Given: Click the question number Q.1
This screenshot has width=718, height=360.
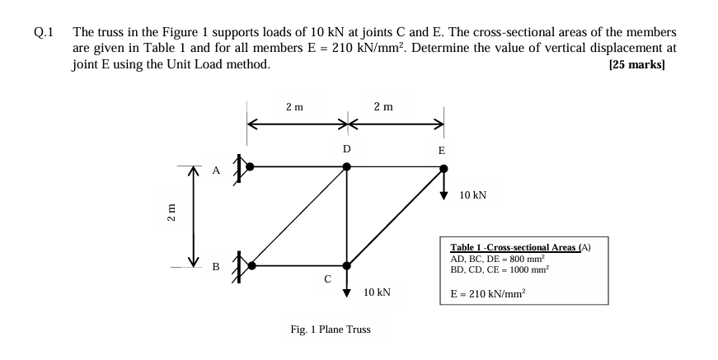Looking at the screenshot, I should click(x=44, y=34).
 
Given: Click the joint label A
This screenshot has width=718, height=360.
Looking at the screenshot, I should click(x=216, y=171).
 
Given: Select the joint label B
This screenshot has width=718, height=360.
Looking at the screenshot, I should click(x=216, y=267).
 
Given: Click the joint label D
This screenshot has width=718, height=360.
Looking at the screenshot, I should click(x=346, y=149).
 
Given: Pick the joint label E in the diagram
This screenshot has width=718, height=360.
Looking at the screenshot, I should click(x=442, y=151).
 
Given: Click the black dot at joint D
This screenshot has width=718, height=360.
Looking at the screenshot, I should click(x=346, y=166).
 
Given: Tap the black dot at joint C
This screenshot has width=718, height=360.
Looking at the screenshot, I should click(x=346, y=266).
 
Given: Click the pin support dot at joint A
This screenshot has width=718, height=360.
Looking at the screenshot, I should click(x=251, y=166).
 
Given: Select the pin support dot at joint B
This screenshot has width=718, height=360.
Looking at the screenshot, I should click(x=251, y=266).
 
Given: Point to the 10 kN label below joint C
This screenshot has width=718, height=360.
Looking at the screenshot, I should click(x=377, y=292).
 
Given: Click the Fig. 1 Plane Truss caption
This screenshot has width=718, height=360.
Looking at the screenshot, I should click(x=331, y=330).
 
